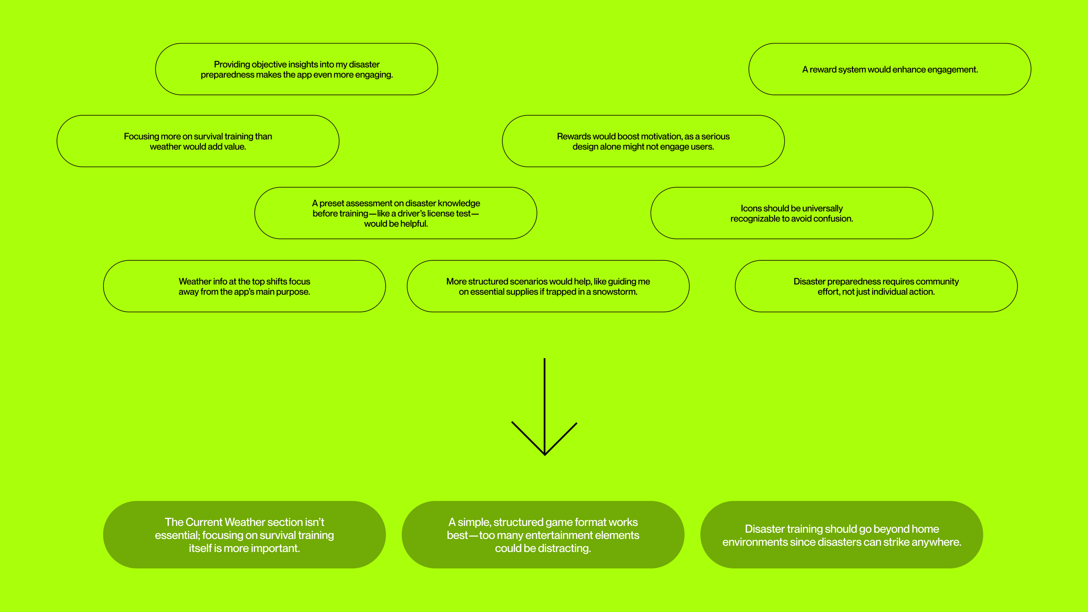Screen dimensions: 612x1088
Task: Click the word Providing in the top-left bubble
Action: pos(232,64)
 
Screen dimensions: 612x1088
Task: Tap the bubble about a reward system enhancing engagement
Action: pos(890,69)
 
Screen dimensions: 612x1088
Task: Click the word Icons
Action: pos(751,208)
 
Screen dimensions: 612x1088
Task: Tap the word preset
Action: pos(331,203)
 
